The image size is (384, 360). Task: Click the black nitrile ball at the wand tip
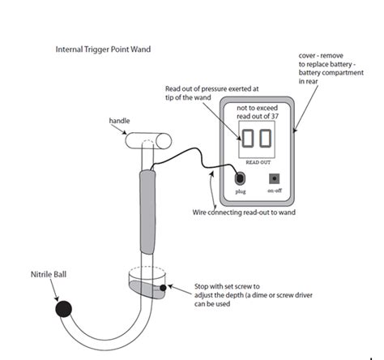64,309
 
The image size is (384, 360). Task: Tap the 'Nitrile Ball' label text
49,274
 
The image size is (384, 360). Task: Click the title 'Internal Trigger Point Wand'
103,49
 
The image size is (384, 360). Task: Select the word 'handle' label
119,121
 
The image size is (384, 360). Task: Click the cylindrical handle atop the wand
148,141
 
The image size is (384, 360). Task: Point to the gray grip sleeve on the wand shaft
147,212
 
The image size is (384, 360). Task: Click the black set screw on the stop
163,288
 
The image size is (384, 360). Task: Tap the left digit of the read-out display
248,139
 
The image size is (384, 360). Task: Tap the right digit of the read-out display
265,139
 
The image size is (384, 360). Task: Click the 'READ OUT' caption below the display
258,162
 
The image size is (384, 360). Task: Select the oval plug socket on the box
240,178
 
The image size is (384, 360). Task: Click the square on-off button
275,178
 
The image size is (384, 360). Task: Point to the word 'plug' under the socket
241,191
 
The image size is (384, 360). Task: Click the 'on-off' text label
275,191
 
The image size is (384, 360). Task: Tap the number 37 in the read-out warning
275,116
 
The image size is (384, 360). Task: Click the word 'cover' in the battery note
307,56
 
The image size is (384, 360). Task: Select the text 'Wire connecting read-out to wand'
244,212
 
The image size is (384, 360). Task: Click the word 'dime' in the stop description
259,295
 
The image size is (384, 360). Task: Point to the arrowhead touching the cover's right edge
295,131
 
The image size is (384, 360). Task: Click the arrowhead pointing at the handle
124,132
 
